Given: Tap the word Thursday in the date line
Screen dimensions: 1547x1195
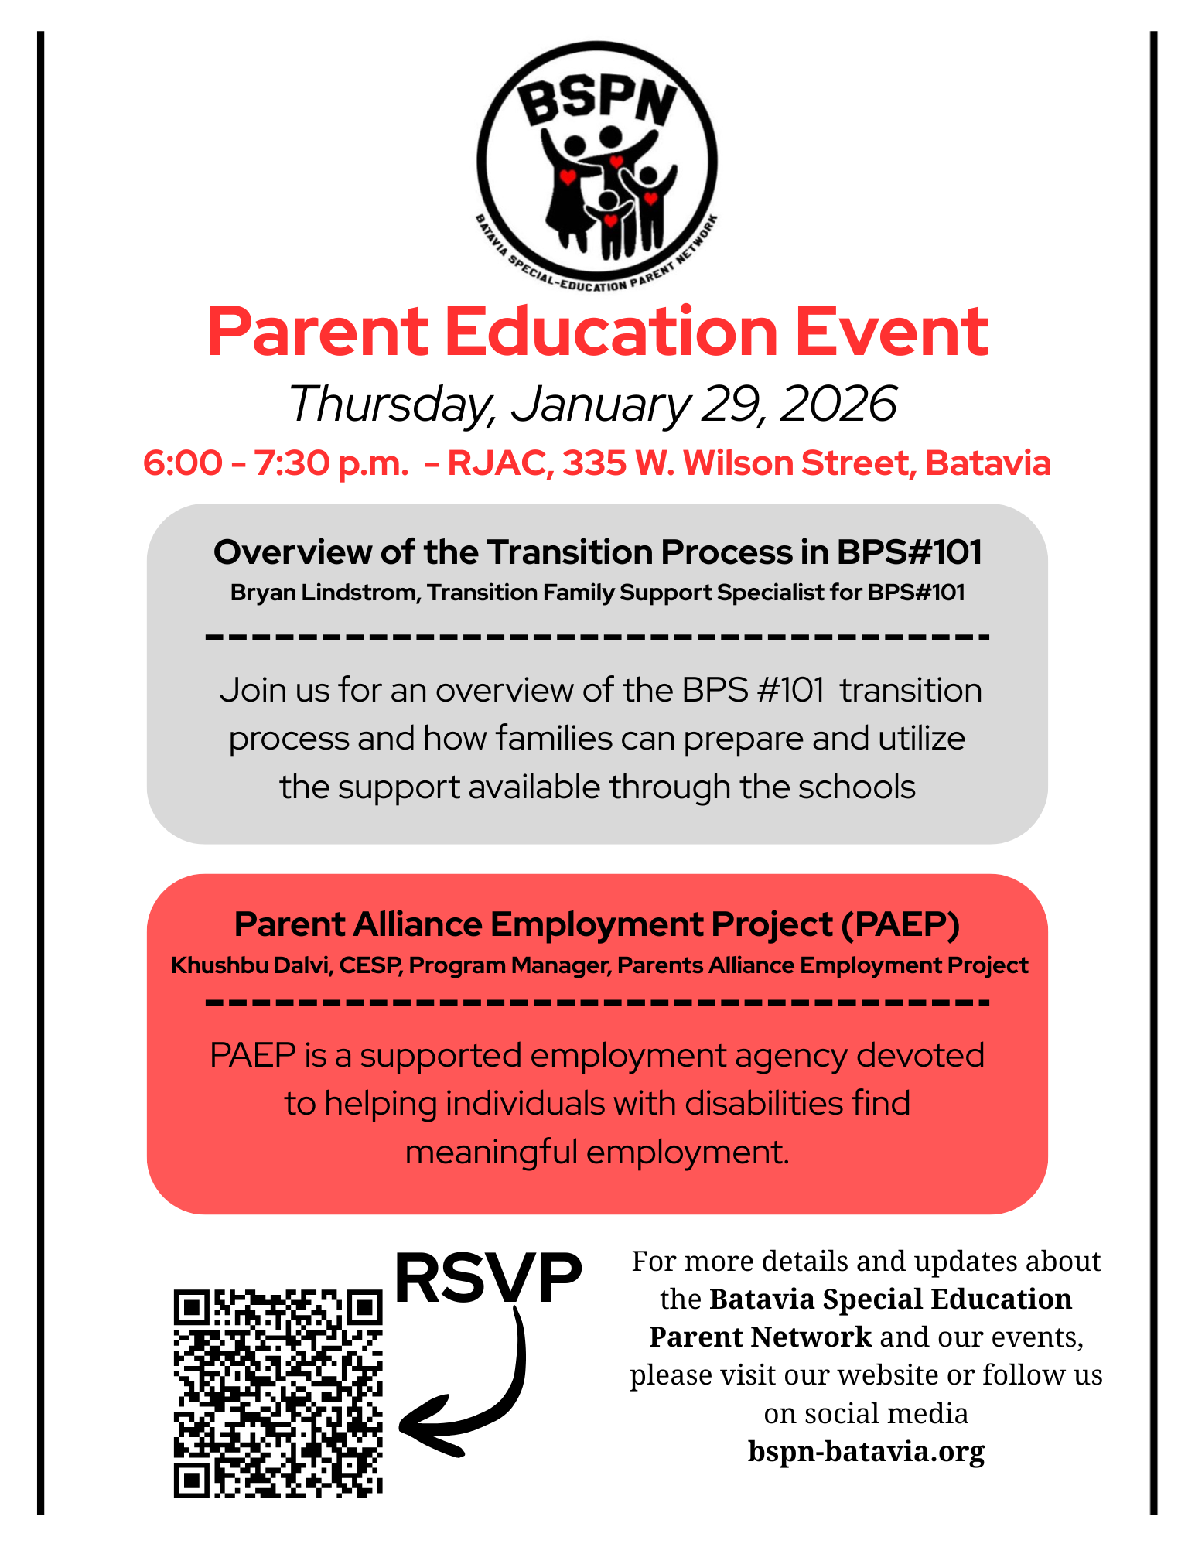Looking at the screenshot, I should click(x=390, y=404).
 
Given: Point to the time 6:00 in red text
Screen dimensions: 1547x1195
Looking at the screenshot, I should click(x=183, y=463).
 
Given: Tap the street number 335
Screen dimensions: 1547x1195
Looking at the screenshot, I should click(x=593, y=463).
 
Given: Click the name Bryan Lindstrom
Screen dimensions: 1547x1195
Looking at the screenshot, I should click(x=325, y=593).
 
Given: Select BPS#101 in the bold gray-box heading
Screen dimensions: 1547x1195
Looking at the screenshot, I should click(x=909, y=552).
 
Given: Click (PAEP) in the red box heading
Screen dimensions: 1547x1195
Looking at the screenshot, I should click(x=901, y=924).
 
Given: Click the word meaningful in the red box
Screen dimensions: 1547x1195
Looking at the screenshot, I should click(x=491, y=1153).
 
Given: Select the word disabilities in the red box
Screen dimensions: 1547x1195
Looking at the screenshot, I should click(x=765, y=1104).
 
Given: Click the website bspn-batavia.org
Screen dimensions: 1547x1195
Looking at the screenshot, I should click(x=866, y=1451).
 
